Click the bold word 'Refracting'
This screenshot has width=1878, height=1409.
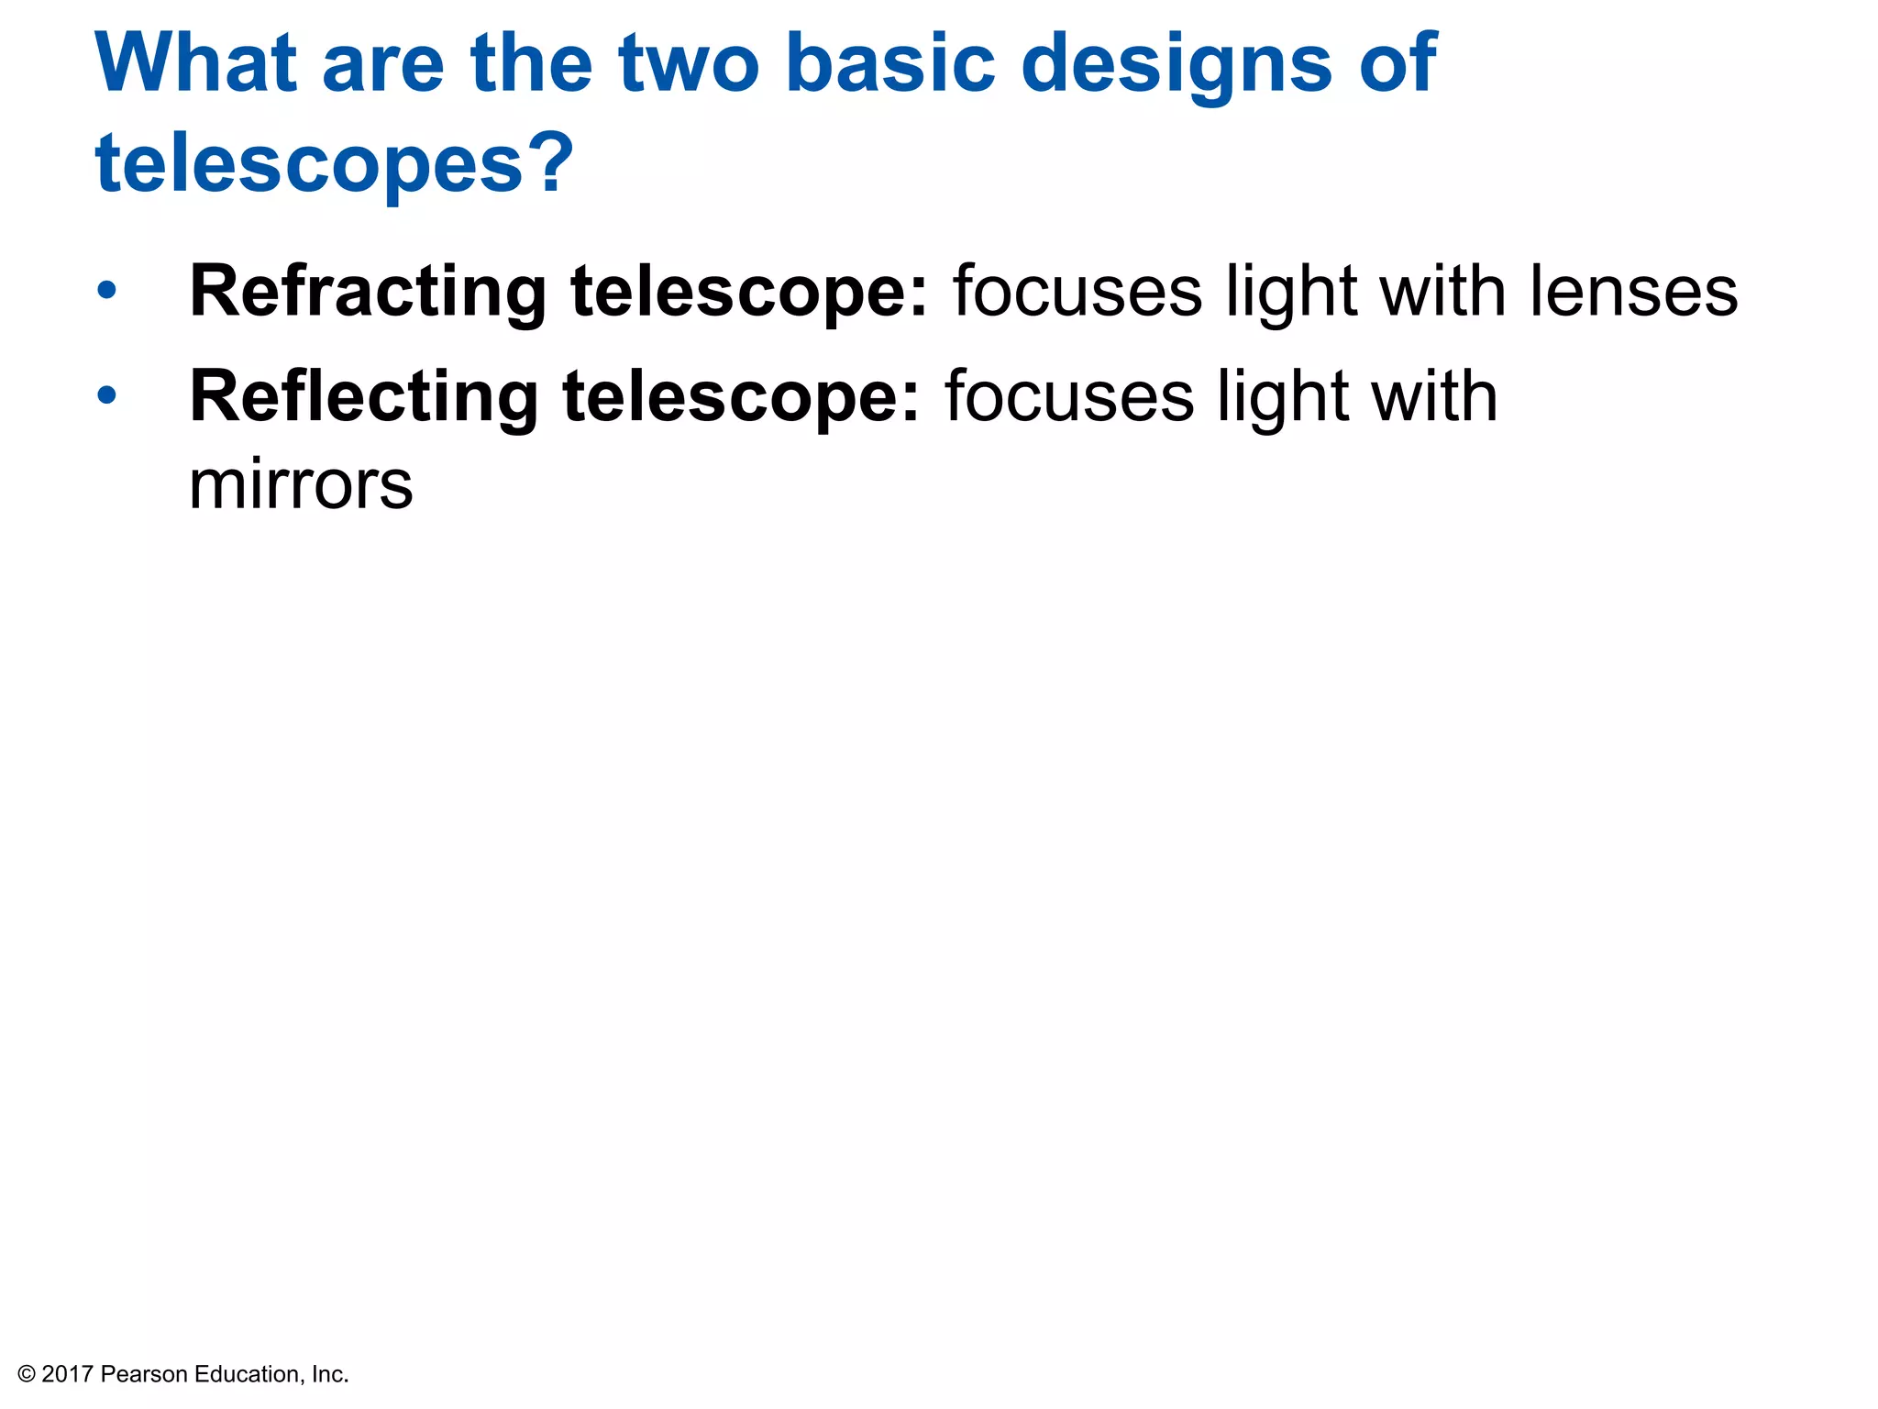coord(368,293)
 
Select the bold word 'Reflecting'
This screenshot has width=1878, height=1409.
coord(363,398)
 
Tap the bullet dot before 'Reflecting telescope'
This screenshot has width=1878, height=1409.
coord(107,396)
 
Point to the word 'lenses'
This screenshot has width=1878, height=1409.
coord(1633,293)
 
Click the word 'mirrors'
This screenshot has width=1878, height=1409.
coord(301,485)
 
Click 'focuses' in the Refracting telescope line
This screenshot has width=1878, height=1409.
coord(1077,293)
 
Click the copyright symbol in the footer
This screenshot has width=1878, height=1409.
coord(27,1374)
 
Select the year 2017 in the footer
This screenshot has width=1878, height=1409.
coord(68,1374)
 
